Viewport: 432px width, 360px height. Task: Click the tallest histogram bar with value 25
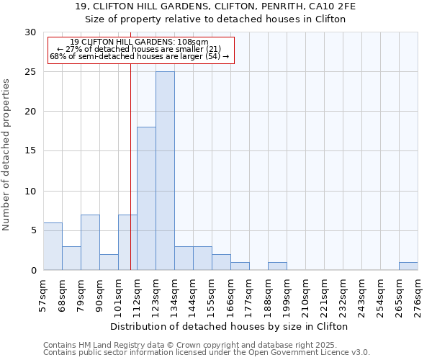coord(165,171)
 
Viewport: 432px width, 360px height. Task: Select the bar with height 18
coord(146,198)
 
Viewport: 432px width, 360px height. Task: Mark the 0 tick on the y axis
coord(32,270)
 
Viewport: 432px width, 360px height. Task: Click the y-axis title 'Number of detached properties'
coord(7,155)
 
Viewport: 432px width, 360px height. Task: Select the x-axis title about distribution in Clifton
coord(230,326)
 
